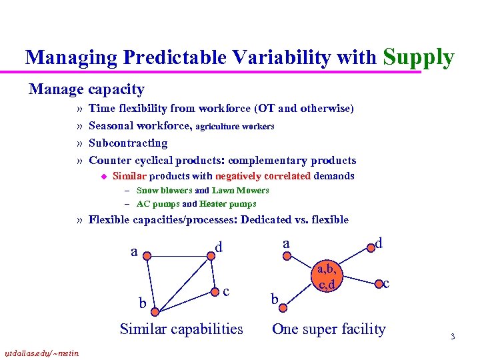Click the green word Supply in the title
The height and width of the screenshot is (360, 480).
[x=419, y=57]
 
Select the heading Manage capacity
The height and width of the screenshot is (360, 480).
[x=86, y=89]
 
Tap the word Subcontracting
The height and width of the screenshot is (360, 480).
[x=128, y=143]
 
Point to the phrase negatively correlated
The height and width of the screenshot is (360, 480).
[x=263, y=176]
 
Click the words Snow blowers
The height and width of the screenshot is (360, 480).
[x=164, y=191]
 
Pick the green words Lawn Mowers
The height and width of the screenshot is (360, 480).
[x=241, y=191]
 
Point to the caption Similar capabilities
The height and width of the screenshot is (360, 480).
[x=181, y=329]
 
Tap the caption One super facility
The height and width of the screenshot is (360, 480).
[x=329, y=329]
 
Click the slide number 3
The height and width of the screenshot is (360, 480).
[x=452, y=337]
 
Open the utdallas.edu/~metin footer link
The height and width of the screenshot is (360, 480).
[x=41, y=353]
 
